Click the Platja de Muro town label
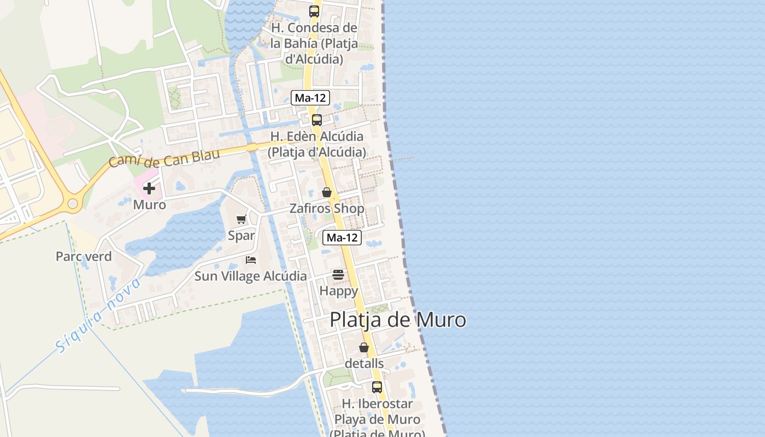pyautogui.click(x=398, y=320)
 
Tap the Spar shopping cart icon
pyautogui.click(x=241, y=219)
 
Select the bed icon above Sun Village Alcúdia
pyautogui.click(x=251, y=259)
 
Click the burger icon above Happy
pyautogui.click(x=338, y=274)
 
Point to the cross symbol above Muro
pyautogui.click(x=149, y=188)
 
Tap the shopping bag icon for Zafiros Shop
pyautogui.click(x=327, y=192)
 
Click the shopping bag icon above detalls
pyautogui.click(x=364, y=347)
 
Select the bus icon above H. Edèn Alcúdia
pyautogui.click(x=317, y=120)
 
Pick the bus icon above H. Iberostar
pyautogui.click(x=377, y=387)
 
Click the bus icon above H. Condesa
pyautogui.click(x=314, y=11)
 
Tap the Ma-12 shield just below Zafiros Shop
pyautogui.click(x=342, y=238)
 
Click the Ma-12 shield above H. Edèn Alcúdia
pyautogui.click(x=310, y=98)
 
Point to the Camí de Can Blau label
pyautogui.click(x=164, y=157)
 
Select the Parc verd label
pyautogui.click(x=84, y=256)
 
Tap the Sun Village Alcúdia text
pyautogui.click(x=251, y=276)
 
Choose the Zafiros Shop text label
pyautogui.click(x=327, y=209)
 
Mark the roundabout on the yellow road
pyautogui.click(x=73, y=204)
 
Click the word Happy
pyautogui.click(x=338, y=291)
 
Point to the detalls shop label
pyautogui.click(x=364, y=363)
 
